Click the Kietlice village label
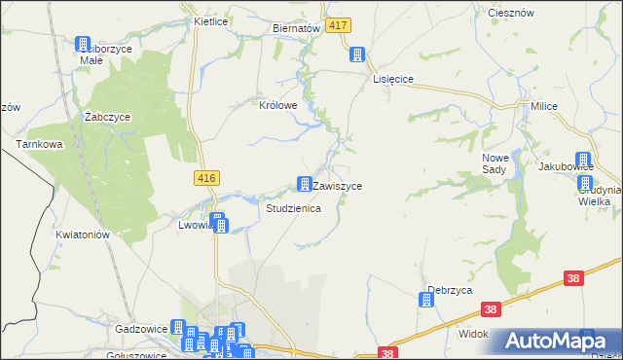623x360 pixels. point(210,20)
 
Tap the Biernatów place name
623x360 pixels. point(297,29)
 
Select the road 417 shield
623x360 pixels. point(338,25)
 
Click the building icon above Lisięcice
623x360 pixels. point(358,54)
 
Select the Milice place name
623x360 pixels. point(542,105)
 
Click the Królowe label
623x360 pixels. point(276,106)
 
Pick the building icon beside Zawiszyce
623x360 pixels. point(305,184)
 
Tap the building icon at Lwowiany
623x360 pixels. point(219,224)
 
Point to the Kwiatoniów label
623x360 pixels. point(81,234)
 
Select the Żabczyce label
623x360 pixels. point(107,117)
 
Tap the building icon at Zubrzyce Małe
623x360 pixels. point(83,44)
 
